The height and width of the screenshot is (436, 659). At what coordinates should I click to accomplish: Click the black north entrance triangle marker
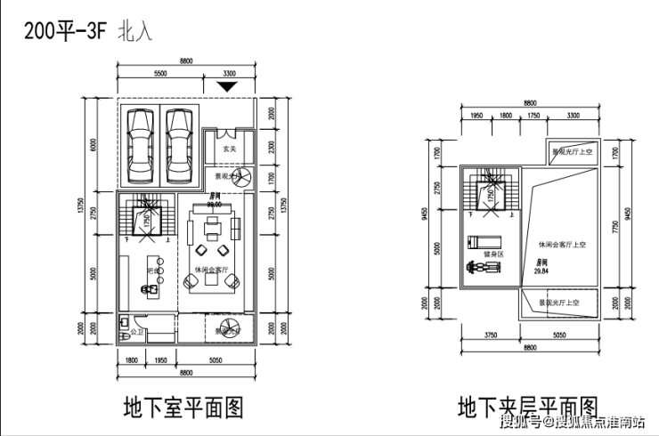coord(229,86)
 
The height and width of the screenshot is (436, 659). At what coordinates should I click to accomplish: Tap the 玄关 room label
coord(228,149)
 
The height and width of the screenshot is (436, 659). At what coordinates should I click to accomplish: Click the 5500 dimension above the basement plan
coord(161,73)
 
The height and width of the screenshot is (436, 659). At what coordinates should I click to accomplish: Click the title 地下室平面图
coord(183,408)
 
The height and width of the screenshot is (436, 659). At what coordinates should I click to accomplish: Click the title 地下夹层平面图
coord(527,408)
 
